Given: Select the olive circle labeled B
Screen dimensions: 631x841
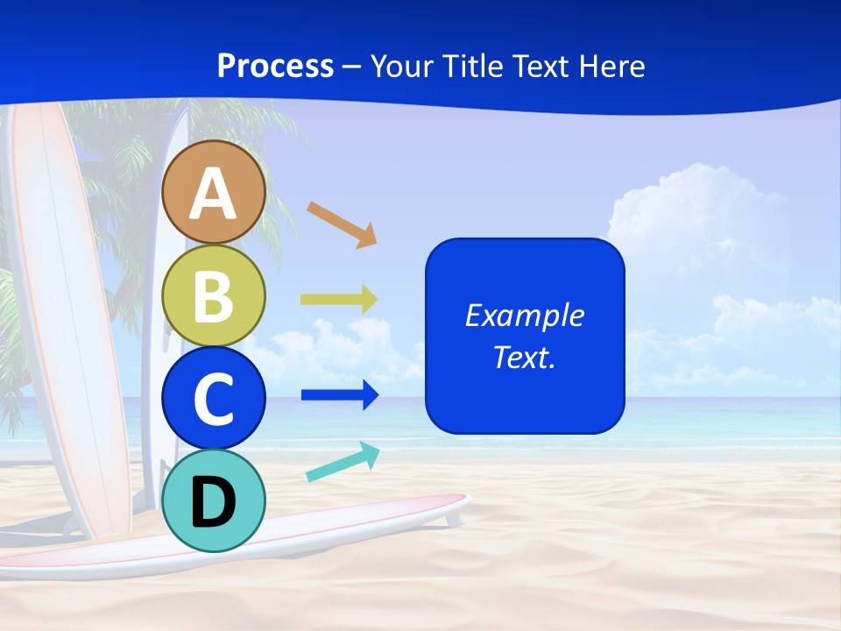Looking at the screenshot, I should pos(214,295).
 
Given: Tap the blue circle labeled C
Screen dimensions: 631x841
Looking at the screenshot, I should pos(214,398).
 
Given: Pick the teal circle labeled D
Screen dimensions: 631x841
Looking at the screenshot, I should pos(214,501).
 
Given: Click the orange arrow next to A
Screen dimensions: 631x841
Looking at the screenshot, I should pos(342,223).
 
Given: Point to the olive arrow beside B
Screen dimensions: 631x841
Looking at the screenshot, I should pos(339,300).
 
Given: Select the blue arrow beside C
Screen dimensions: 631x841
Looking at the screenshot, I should pos(340,395).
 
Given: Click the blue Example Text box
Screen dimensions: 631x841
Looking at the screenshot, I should pos(525,336).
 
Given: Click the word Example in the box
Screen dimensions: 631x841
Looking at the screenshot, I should pos(525,315).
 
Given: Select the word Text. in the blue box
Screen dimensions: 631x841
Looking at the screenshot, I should pos(525,357).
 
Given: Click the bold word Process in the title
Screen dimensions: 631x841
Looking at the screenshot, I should pos(275,66).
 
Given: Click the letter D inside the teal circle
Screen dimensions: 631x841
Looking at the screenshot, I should pos(214,503).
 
